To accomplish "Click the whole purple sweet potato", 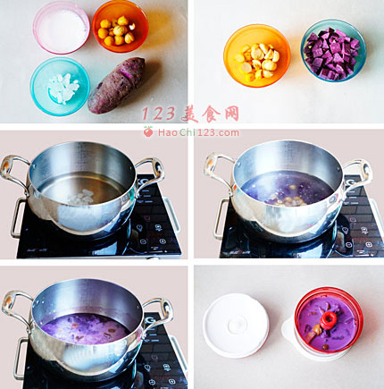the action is (x=117, y=86).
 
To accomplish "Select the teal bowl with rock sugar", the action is (x=60, y=87).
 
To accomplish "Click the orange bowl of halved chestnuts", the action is (x=257, y=55).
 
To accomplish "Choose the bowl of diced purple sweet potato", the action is (x=333, y=50).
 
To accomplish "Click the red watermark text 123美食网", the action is (x=190, y=114).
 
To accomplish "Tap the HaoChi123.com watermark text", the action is (x=198, y=132).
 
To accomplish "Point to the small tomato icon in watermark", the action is (x=148, y=131).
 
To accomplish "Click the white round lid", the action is (x=236, y=326).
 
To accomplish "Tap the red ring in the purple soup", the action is (x=329, y=320).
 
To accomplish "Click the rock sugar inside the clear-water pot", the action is (x=80, y=198).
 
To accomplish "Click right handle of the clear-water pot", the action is (x=152, y=172).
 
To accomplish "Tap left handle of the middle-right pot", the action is (x=219, y=167).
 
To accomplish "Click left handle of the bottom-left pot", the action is (x=16, y=307).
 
